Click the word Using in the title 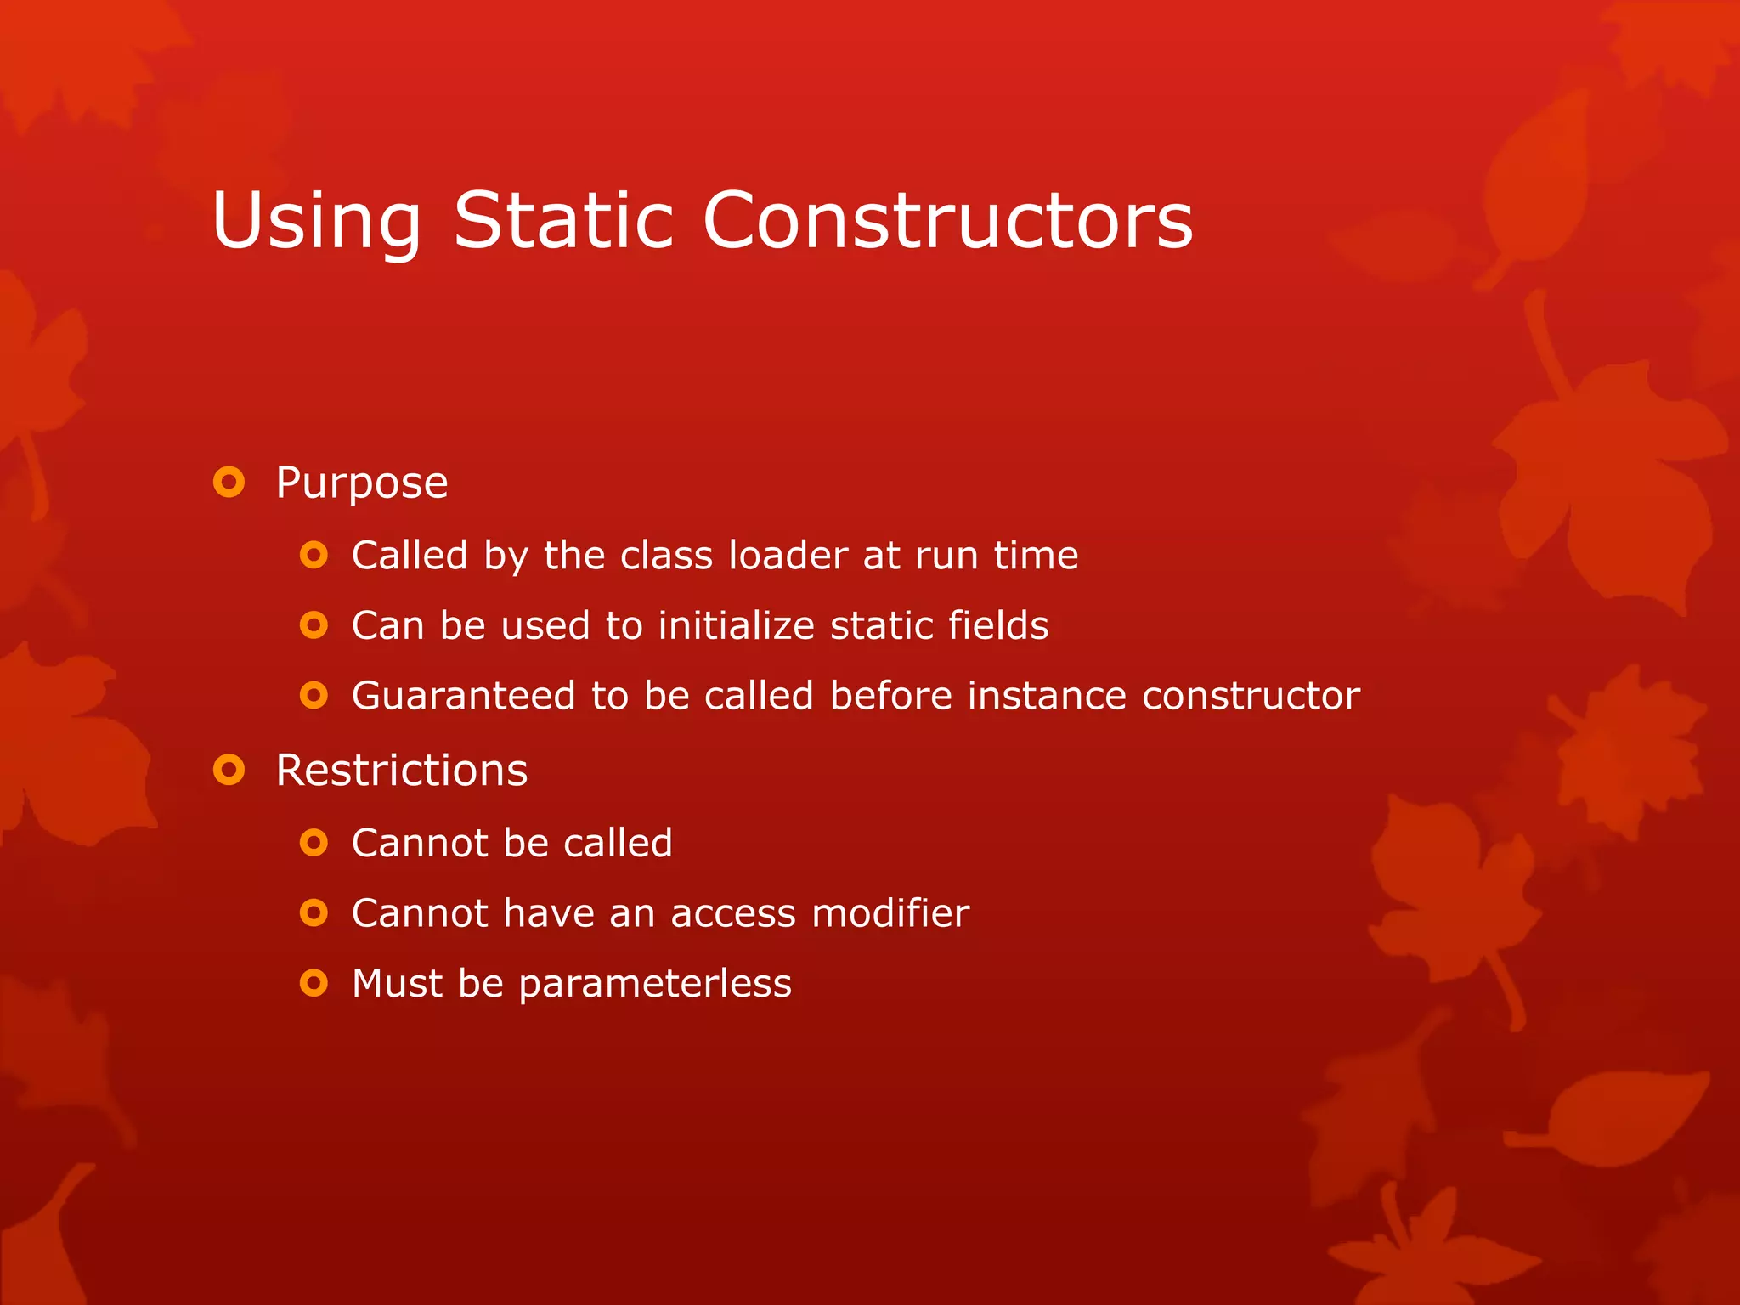[317, 221]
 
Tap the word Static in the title [563, 221]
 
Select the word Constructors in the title [947, 221]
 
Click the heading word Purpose [362, 483]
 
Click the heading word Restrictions [402, 771]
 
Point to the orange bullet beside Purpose [229, 483]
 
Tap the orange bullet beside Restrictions [229, 771]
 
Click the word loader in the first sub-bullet [788, 556]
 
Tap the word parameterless [654, 984]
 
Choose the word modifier [890, 913]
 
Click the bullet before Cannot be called [314, 843]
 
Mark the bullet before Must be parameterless [314, 984]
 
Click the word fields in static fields [998, 625]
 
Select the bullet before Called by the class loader [314, 556]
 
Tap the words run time [997, 556]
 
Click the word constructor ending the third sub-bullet [1251, 696]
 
